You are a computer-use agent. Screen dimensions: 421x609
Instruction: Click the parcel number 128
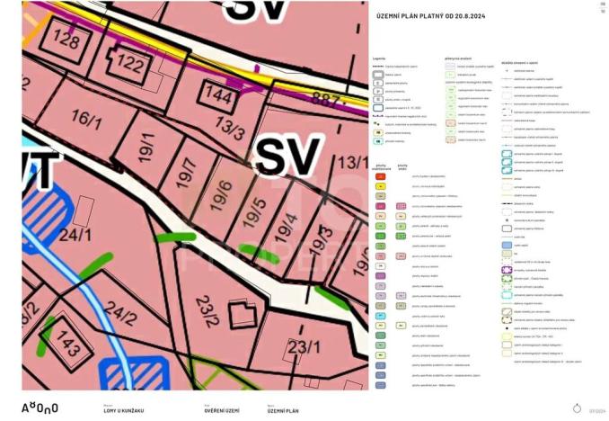click(x=66, y=40)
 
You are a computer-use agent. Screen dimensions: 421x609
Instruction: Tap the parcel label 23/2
click(x=207, y=309)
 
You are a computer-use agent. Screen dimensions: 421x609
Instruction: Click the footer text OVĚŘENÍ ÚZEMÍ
click(x=220, y=410)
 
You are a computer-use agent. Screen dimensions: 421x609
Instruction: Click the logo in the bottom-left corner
click(x=40, y=408)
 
